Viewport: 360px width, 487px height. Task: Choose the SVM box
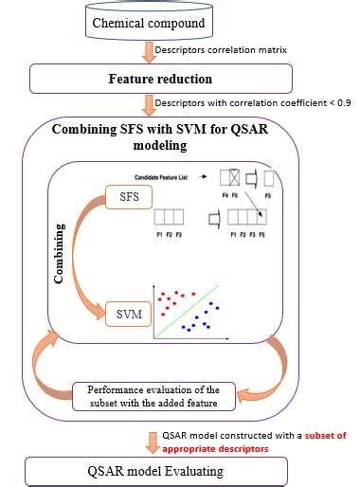123,311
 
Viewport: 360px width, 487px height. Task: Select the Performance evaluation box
153,395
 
